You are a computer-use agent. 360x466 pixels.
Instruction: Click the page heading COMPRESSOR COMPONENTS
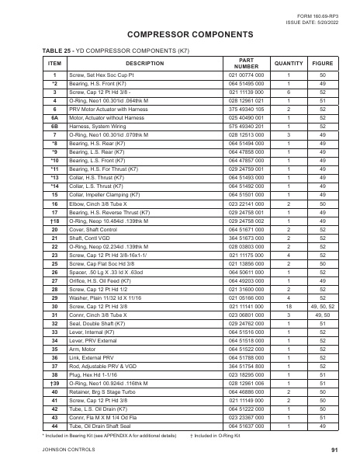point(180,36)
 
